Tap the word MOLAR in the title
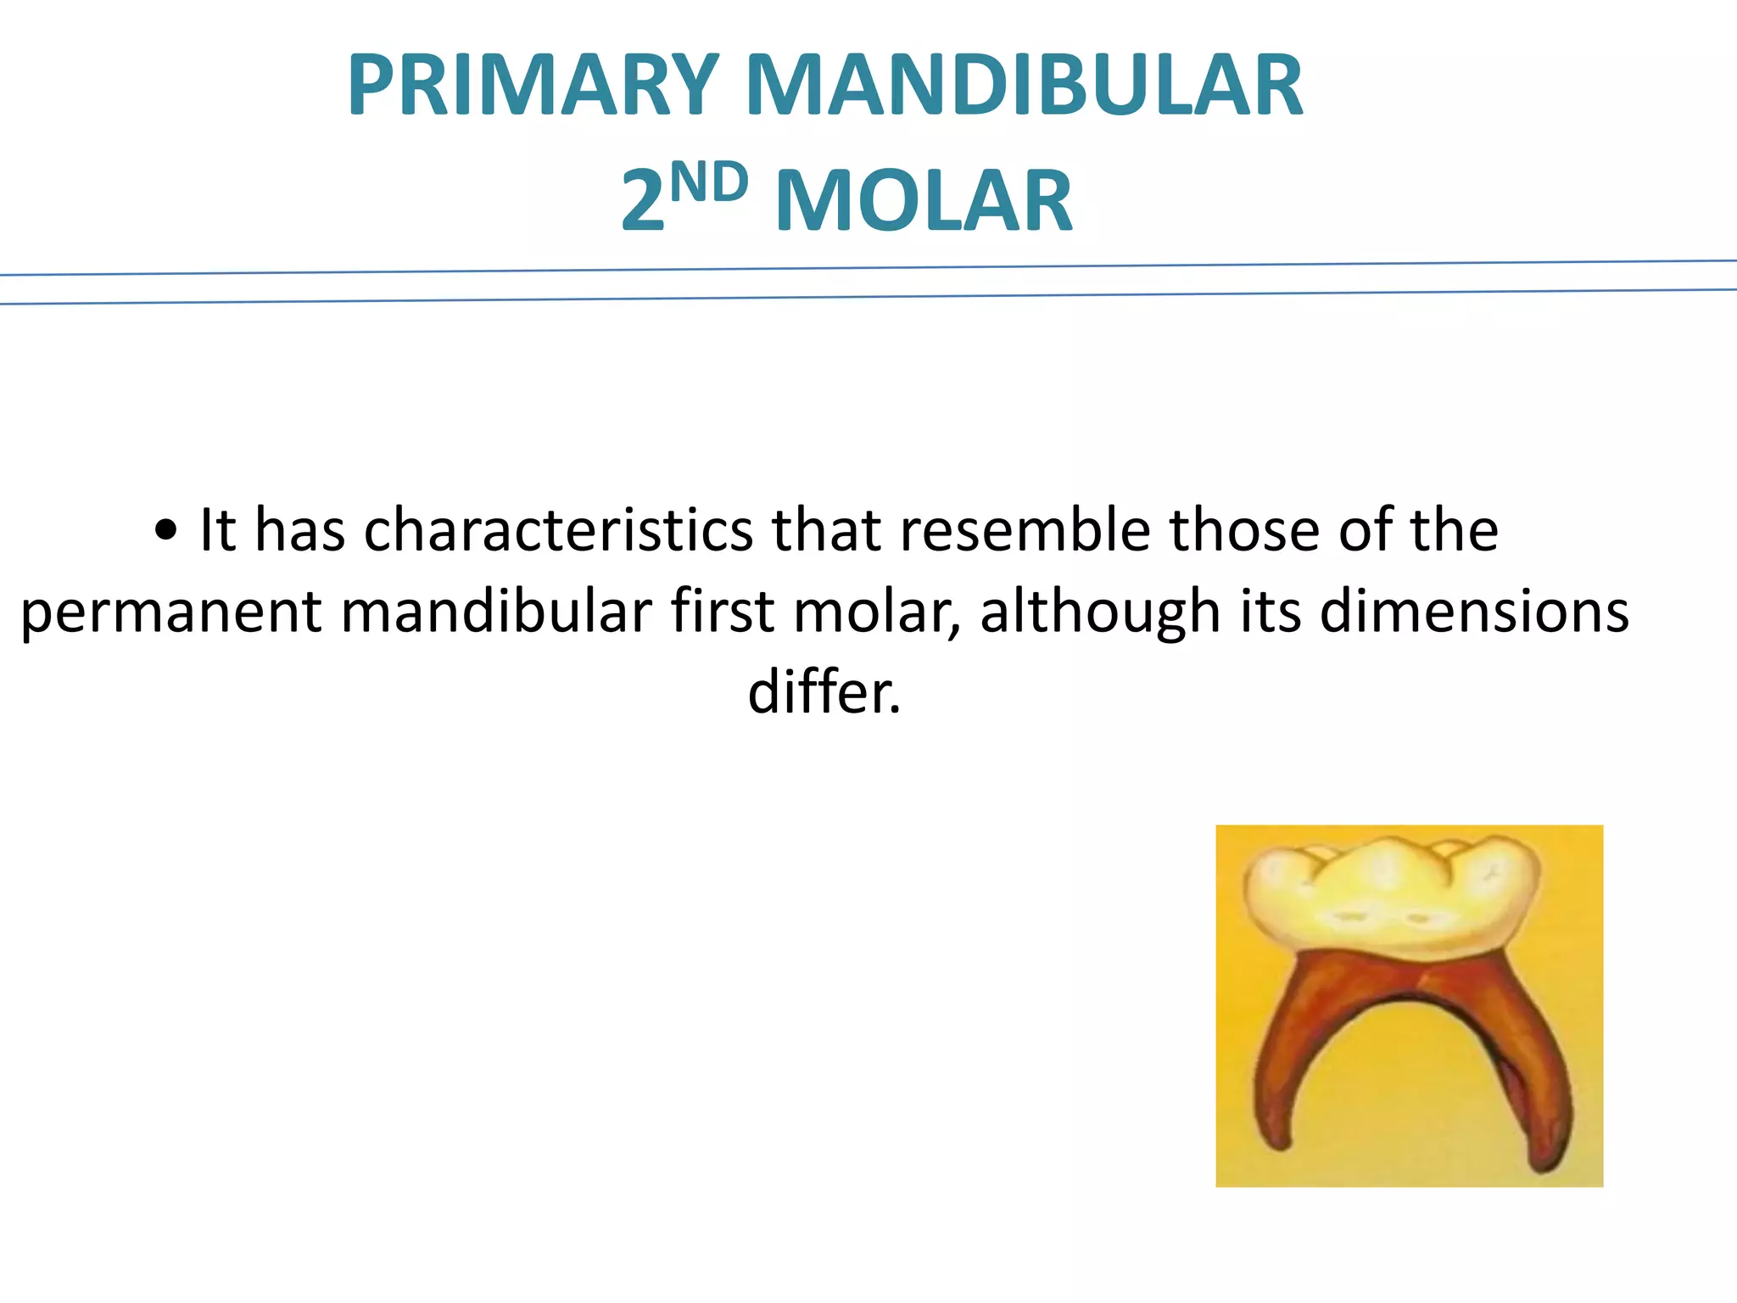924,201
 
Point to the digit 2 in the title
642,201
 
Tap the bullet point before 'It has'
166,532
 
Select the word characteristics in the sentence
558,530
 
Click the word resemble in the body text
1025,530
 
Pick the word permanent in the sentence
170,612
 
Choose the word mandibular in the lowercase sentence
496,611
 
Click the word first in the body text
722,611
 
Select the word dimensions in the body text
1474,611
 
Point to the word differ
824,691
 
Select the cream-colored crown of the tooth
1391,899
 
